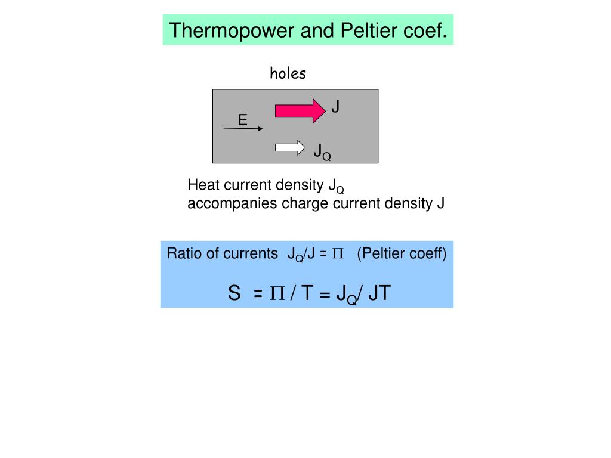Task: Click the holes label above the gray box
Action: [x=288, y=73]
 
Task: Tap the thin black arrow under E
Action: [x=242, y=128]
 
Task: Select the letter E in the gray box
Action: [x=242, y=120]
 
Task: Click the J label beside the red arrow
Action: [x=335, y=107]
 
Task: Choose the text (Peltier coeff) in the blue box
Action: [x=402, y=253]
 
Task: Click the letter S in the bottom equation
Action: [x=234, y=293]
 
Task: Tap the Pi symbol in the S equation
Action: [x=277, y=293]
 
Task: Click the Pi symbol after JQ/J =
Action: [x=338, y=254]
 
